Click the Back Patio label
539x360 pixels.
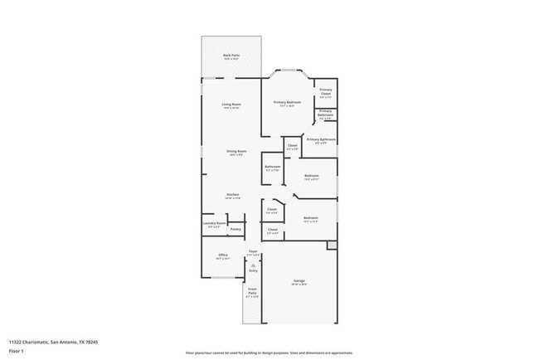(231, 56)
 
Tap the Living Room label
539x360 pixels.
(231, 105)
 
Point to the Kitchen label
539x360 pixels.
(233, 195)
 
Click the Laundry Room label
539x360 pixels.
(214, 223)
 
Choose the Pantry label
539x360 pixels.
(236, 229)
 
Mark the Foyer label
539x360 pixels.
(253, 251)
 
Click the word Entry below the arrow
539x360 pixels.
(253, 270)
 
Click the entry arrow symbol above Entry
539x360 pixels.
(253, 263)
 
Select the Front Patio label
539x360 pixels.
(252, 291)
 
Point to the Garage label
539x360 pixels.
(299, 281)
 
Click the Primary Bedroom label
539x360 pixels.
(288, 102)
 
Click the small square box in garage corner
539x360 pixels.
(332, 246)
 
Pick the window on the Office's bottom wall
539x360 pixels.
(223, 278)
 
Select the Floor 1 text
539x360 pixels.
(17, 351)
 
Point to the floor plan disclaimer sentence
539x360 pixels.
(269, 353)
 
